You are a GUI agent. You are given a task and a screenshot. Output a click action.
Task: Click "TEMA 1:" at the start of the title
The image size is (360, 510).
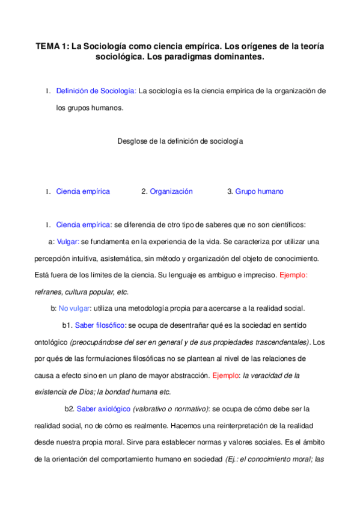click(52, 46)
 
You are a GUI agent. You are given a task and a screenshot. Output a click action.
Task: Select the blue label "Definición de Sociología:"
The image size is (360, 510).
click(96, 91)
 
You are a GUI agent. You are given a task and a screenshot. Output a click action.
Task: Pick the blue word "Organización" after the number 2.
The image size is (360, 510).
click(171, 191)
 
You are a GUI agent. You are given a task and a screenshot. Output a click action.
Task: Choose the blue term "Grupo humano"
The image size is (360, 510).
click(259, 191)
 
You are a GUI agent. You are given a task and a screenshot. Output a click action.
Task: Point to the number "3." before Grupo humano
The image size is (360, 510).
click(230, 191)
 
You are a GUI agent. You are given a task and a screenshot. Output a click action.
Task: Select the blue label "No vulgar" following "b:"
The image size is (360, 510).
click(75, 309)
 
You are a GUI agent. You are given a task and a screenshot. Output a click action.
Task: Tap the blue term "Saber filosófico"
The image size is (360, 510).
click(100, 325)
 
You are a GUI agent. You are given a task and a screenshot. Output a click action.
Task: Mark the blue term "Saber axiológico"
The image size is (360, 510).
click(104, 409)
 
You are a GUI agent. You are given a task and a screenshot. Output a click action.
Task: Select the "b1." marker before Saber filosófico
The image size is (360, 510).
click(67, 325)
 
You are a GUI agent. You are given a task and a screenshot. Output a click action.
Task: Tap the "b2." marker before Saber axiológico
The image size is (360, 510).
click(70, 409)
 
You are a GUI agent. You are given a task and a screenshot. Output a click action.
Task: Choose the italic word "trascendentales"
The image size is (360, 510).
click(274, 342)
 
